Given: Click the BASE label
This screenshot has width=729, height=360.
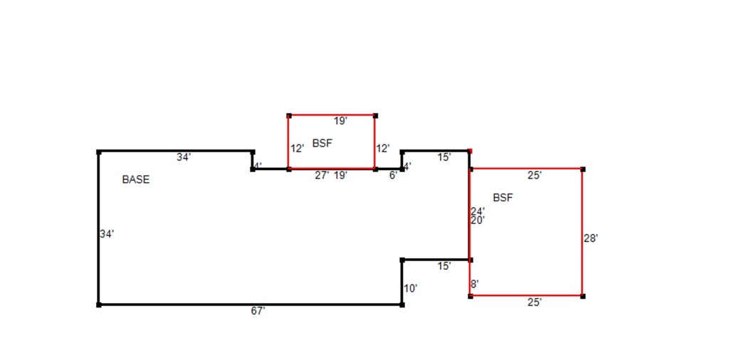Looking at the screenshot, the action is click(136, 180).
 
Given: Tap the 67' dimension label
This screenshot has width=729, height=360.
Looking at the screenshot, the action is click(258, 311).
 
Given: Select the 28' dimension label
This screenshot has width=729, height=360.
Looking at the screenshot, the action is click(591, 238).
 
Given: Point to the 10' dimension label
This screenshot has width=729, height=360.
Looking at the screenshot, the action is click(411, 288).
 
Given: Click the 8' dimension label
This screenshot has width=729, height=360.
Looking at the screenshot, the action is click(475, 283).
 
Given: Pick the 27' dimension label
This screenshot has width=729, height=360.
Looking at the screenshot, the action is click(322, 176).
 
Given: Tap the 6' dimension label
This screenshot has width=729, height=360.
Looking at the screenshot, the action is click(393, 176).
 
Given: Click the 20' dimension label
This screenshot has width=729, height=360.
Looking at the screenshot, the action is click(478, 220).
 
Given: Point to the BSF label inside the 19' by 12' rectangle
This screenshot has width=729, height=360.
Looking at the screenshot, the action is click(322, 143).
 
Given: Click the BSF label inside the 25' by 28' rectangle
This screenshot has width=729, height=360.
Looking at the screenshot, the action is click(503, 197).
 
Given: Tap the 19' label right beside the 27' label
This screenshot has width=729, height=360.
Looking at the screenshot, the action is click(341, 176).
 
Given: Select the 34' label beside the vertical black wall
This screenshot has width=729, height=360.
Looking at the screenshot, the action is click(107, 234).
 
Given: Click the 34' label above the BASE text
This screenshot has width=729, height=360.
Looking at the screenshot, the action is click(184, 157).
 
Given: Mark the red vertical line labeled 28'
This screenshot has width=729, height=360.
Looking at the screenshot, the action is click(582, 232).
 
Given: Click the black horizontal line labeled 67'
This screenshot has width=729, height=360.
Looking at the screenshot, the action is click(250, 305).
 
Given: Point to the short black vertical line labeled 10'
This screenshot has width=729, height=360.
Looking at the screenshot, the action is click(402, 282).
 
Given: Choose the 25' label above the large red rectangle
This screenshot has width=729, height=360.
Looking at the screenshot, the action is click(535, 176).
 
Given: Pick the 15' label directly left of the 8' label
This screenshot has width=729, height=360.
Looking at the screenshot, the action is click(444, 266).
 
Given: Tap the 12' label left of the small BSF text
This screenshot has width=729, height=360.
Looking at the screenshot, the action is click(297, 149).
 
